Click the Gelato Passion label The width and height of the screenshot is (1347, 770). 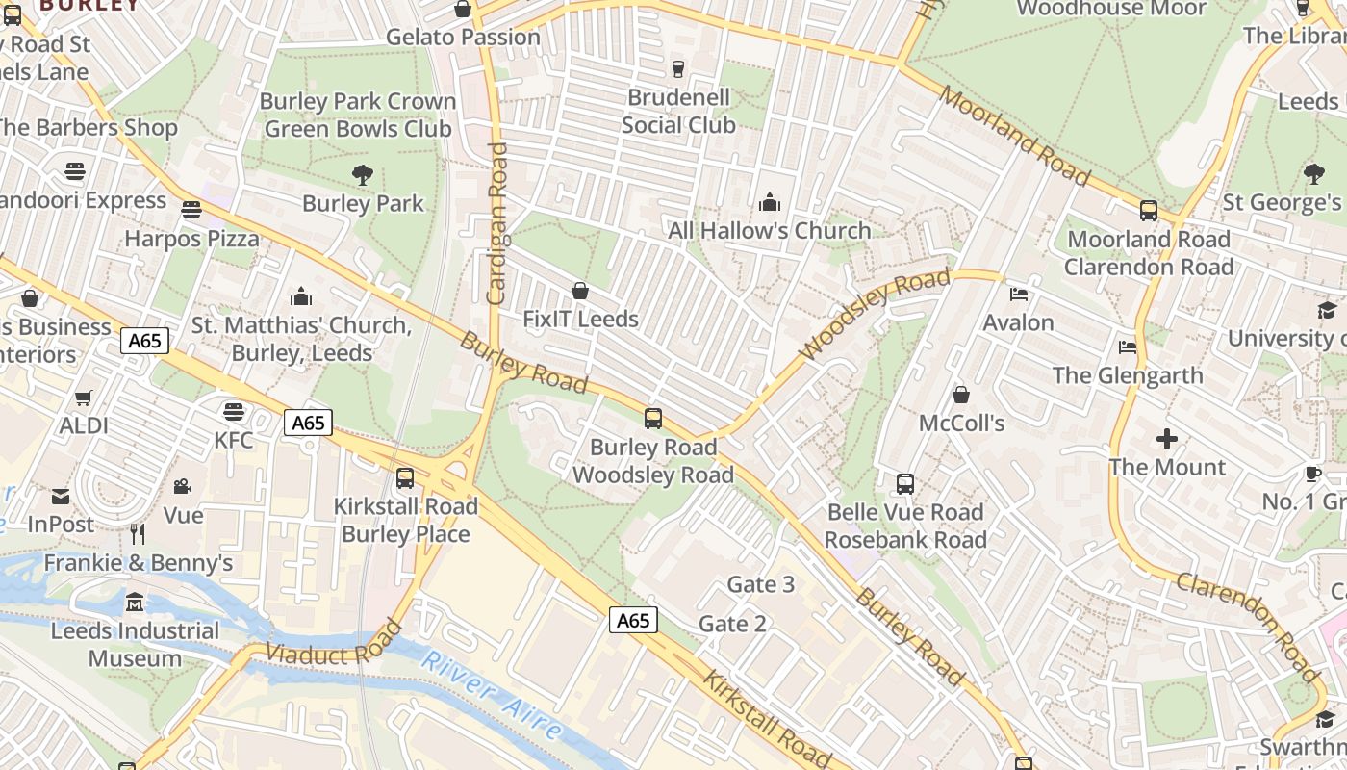463,38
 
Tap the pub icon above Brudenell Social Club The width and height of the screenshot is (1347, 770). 677,68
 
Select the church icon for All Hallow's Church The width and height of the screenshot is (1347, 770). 770,202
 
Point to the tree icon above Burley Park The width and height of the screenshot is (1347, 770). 363,175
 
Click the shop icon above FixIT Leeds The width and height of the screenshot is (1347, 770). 580,291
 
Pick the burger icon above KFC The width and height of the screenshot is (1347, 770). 233,412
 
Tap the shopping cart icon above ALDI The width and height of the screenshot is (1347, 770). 84,398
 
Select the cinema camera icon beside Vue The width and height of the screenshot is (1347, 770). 182,487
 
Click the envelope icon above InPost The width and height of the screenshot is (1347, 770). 61,497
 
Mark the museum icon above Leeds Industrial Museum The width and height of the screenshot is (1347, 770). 135,603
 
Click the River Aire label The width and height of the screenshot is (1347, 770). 492,695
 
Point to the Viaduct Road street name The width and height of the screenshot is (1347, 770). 333,642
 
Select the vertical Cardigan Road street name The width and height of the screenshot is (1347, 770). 496,223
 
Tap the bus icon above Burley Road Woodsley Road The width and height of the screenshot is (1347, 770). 653,419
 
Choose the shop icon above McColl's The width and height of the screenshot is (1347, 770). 960,396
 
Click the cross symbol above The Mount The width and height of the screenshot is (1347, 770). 1167,440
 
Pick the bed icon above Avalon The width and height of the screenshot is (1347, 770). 1019,295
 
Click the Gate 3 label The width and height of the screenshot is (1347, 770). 760,584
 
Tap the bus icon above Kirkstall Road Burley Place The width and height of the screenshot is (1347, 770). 405,478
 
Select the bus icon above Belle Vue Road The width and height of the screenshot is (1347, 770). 905,484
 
